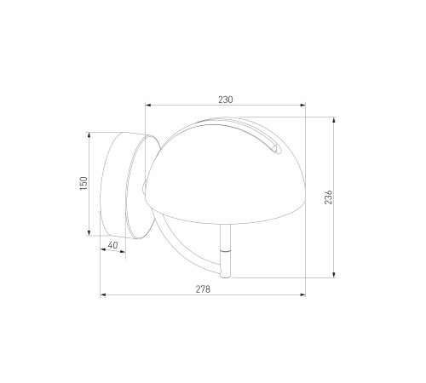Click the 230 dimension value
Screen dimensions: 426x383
[x=226, y=100]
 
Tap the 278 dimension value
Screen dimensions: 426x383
[x=203, y=289]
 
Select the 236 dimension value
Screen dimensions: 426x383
[x=328, y=197]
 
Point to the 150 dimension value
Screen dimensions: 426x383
[x=83, y=183]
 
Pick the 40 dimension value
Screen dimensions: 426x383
[x=112, y=245]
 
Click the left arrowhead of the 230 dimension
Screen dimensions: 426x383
[x=147, y=106]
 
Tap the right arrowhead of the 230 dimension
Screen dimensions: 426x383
[x=302, y=106]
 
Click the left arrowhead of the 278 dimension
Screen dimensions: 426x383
[x=103, y=295]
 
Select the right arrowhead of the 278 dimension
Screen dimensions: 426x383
[x=302, y=295]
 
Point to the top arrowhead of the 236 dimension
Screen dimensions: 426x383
[x=334, y=119]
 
